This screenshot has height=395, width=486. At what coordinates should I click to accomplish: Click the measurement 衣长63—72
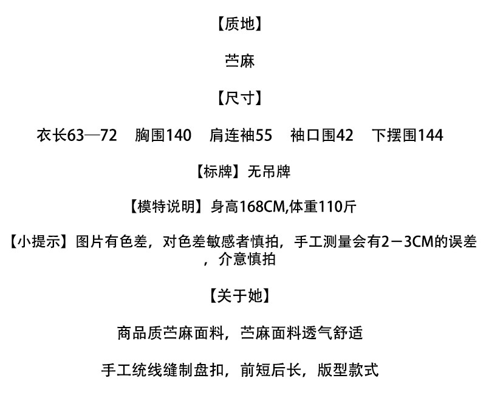click(x=77, y=135)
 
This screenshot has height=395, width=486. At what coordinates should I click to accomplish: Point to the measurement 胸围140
click(x=163, y=135)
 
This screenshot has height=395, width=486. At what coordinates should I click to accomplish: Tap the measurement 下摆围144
click(x=407, y=135)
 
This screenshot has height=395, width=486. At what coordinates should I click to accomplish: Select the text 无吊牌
click(x=269, y=172)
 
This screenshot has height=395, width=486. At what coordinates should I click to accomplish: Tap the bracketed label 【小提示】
click(x=39, y=242)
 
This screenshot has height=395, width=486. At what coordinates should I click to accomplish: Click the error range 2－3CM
click(x=398, y=242)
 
